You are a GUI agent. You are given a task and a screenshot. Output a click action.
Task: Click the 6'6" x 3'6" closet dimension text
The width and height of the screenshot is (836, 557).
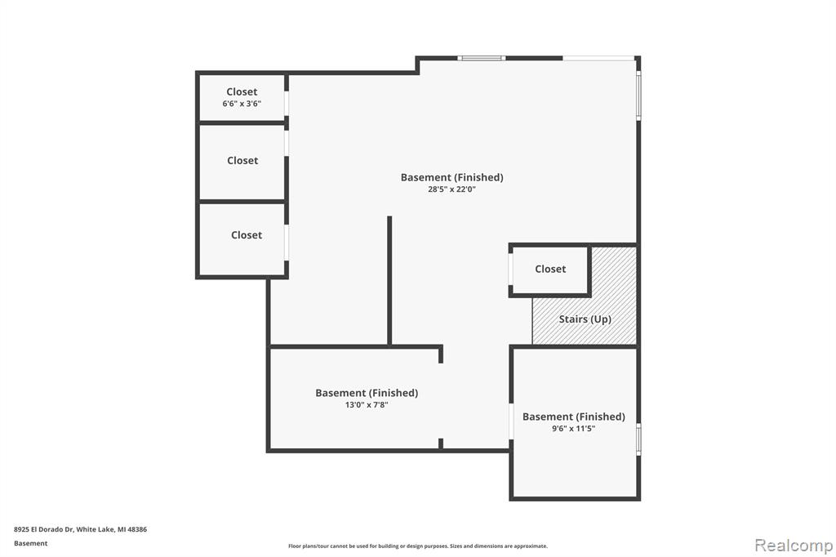pos(242,104)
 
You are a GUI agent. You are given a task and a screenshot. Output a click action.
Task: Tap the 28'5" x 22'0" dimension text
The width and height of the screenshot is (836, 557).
pos(451,189)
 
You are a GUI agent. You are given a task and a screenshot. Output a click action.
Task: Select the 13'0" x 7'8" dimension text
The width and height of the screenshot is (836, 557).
pos(367,404)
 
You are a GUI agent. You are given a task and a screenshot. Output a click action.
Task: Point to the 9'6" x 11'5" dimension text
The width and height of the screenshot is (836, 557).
pos(573,429)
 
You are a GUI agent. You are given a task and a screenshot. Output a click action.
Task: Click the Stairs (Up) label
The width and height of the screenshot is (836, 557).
pos(585,319)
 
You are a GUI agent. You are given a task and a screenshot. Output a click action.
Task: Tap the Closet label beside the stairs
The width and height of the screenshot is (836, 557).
pos(550,269)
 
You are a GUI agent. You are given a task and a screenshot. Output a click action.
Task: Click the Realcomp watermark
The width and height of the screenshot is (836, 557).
pos(794,545)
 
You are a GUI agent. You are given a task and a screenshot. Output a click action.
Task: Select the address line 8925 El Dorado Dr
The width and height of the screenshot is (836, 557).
pos(80,529)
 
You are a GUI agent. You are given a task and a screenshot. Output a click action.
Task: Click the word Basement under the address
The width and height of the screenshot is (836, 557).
pos(30,543)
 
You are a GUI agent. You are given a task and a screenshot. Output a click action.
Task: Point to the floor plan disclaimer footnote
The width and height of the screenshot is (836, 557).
pos(418,546)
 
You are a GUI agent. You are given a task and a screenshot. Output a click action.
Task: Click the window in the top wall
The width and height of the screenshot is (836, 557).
pos(481,58)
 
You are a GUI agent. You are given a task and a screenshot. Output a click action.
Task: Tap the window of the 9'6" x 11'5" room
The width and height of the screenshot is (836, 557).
pos(638,439)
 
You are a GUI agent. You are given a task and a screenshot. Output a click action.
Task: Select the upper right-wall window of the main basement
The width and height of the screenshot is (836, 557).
pos(638,96)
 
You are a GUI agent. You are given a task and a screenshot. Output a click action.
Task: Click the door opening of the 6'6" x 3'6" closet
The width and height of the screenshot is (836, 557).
pos(287,104)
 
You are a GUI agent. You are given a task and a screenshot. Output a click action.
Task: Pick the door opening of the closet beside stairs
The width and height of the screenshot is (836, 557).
pos(511,270)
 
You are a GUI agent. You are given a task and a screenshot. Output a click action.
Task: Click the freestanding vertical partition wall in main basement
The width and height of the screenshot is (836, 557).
pos(389,281)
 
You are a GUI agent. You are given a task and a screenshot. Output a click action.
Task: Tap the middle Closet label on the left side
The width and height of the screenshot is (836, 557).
pos(242,161)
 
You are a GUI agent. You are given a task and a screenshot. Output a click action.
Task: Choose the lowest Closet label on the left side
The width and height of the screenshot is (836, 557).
pos(247,234)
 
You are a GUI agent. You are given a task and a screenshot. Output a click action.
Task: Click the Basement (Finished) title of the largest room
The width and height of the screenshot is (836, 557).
pos(452,177)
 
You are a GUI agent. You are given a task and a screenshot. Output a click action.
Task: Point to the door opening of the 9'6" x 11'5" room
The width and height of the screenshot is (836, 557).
pos(511,421)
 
